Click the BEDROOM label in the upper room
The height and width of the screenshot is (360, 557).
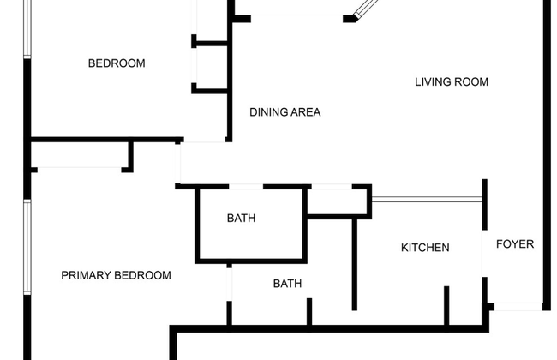click(117, 63)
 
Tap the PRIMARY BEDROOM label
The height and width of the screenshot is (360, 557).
click(117, 275)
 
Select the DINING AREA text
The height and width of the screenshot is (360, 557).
click(284, 112)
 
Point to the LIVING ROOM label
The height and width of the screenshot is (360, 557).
click(452, 82)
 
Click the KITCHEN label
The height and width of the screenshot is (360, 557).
click(425, 248)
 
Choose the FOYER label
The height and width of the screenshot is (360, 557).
click(515, 244)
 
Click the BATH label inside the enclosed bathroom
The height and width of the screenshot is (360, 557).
click(241, 219)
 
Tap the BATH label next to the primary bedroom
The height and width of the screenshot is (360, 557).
click(287, 284)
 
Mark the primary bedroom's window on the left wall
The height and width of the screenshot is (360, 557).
click(27, 247)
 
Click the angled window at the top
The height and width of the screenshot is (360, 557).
click(367, 8)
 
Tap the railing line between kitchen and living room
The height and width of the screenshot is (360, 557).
click(427, 200)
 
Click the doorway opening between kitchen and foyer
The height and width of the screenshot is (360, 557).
click(484, 254)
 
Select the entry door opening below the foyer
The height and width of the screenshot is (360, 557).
click(518, 306)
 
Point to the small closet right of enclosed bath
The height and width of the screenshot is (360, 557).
click(337, 201)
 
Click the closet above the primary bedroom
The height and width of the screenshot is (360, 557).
click(80, 154)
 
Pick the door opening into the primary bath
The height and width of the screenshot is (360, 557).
click(229, 285)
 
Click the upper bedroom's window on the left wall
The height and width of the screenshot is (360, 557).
click(27, 28)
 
